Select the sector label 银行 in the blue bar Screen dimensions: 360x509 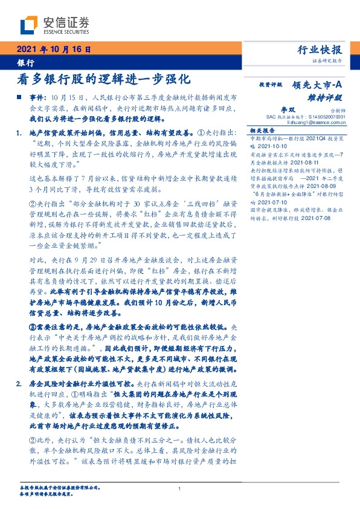pyautogui.click(x=26, y=62)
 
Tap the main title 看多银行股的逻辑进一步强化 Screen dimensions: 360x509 pyautogui.click(x=104, y=79)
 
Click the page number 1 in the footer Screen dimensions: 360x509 pyautogui.click(x=180, y=488)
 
